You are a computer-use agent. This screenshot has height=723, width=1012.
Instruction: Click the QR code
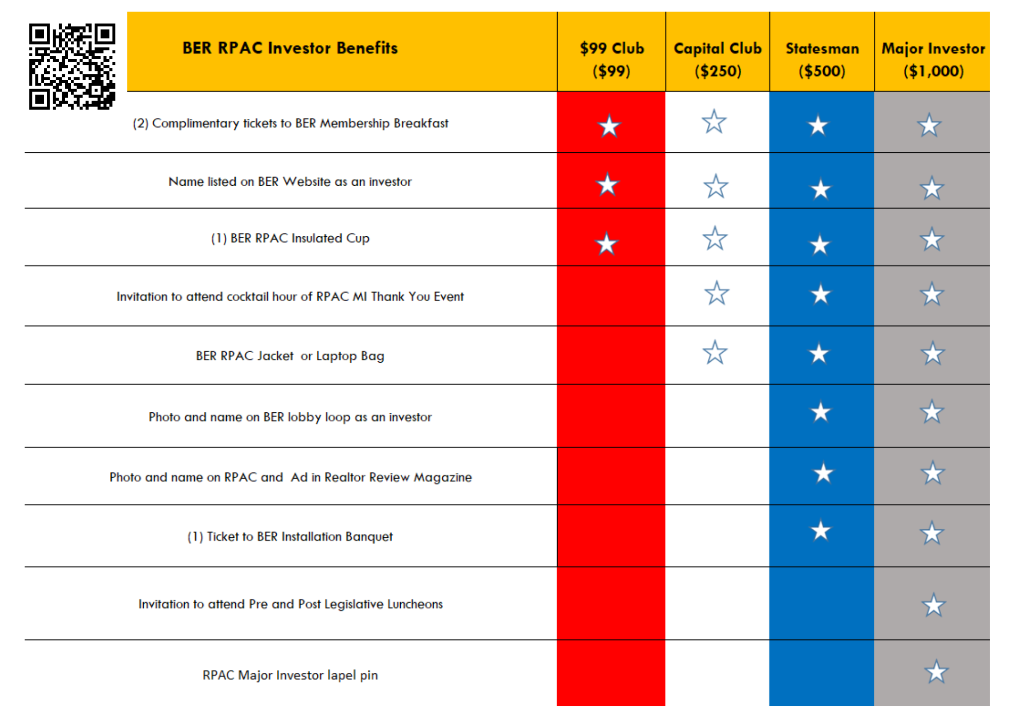pyautogui.click(x=72, y=66)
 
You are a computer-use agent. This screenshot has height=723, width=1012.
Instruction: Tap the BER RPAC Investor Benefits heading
pyautogui.click(x=290, y=48)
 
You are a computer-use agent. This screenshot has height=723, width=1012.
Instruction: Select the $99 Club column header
pyautogui.click(x=611, y=59)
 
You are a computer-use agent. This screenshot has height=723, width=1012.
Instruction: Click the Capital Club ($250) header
pyautogui.click(x=718, y=59)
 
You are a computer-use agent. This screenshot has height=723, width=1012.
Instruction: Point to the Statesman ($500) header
pyautogui.click(x=822, y=59)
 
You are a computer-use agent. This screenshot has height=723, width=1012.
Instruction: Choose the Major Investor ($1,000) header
pyautogui.click(x=933, y=59)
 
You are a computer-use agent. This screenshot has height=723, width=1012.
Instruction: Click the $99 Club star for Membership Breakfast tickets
pyautogui.click(x=609, y=126)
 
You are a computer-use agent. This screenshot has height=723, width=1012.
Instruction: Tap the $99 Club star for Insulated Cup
pyautogui.click(x=606, y=244)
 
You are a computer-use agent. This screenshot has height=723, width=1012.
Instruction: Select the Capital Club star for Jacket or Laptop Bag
pyautogui.click(x=715, y=353)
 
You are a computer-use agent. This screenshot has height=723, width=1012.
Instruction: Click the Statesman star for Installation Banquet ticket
pyautogui.click(x=821, y=531)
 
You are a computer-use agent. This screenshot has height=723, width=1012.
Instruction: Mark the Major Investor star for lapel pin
pyautogui.click(x=936, y=672)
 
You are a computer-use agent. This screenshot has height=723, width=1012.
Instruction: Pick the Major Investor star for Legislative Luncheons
pyautogui.click(x=934, y=605)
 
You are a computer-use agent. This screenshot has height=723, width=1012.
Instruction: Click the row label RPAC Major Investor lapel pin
pyautogui.click(x=290, y=675)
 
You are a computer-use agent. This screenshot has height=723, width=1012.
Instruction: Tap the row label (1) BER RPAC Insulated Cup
pyautogui.click(x=290, y=238)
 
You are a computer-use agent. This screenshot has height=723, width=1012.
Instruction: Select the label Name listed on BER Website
pyautogui.click(x=290, y=182)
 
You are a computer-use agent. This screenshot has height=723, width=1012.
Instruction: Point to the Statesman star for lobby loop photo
pyautogui.click(x=821, y=412)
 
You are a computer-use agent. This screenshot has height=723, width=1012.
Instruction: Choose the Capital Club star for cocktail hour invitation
pyautogui.click(x=716, y=293)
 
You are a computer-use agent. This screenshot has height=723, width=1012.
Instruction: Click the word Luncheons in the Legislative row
pyautogui.click(x=415, y=604)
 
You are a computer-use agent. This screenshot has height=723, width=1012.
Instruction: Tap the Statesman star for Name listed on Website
pyautogui.click(x=821, y=190)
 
